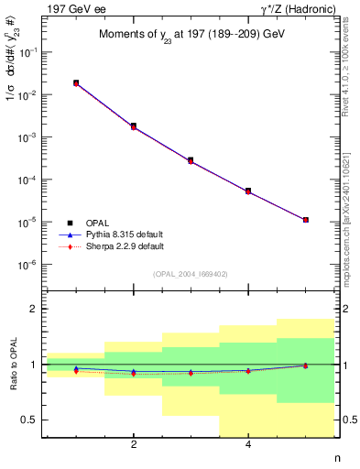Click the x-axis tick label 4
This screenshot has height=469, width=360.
(248, 446)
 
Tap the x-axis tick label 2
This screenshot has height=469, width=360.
(134, 446)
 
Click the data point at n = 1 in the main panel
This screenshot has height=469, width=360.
(76, 82)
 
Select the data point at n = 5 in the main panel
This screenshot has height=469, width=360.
(305, 220)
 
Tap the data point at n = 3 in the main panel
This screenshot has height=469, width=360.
(191, 160)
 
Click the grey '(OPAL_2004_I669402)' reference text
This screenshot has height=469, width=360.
(191, 274)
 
